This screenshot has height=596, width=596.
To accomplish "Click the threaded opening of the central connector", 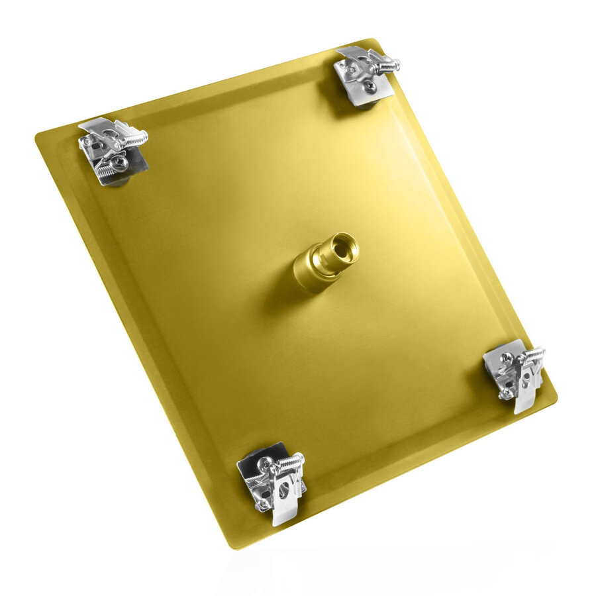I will (344, 249).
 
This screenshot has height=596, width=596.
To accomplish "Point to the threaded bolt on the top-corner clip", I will (386, 66).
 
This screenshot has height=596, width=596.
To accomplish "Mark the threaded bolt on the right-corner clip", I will (532, 356).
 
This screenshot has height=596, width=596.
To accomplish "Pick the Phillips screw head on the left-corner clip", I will (120, 160).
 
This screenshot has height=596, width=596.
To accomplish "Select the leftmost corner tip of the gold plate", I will (37, 137).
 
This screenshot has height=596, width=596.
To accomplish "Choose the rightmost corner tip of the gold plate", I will (555, 399).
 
